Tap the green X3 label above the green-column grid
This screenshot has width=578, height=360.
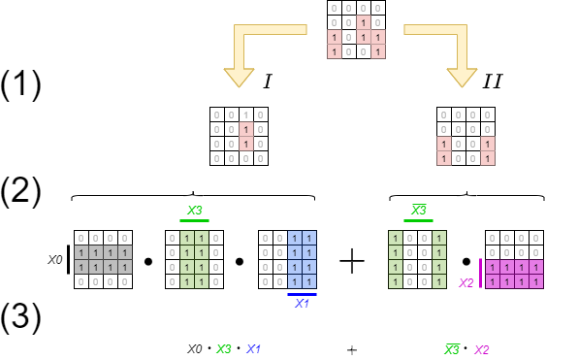pyautogui.click(x=194, y=211)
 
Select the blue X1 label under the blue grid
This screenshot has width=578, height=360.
pyautogui.click(x=302, y=304)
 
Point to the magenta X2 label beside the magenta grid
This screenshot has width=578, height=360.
pyautogui.click(x=466, y=283)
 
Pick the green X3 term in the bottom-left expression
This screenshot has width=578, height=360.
pyautogui.click(x=223, y=349)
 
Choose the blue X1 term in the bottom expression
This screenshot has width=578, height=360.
pyautogui.click(x=253, y=349)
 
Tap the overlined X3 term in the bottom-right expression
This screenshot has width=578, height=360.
pyautogui.click(x=451, y=349)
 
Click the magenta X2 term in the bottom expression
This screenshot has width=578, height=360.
pyautogui.click(x=481, y=349)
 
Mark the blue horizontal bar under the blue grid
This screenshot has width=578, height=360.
pyautogui.click(x=302, y=294)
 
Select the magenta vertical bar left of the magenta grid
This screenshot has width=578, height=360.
pyautogui.click(x=480, y=274)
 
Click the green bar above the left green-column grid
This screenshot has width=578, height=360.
pyautogui.click(x=194, y=220)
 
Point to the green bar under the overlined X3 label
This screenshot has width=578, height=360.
pyautogui.click(x=418, y=220)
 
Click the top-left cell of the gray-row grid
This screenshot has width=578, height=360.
pyautogui.click(x=81, y=238)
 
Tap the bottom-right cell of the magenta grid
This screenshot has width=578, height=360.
pyautogui.click(x=536, y=281)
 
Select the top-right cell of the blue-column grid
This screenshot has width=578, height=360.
pyautogui.click(x=309, y=238)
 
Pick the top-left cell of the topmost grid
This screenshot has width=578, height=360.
pyautogui.click(x=335, y=8)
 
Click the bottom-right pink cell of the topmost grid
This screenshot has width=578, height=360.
pyautogui.click(x=378, y=51)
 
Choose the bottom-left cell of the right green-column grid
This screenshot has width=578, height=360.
pyautogui.click(x=396, y=281)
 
